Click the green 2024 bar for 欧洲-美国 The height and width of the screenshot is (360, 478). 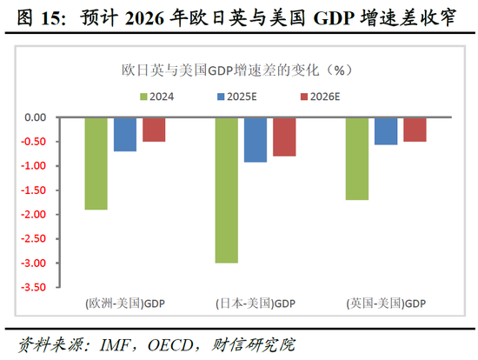[x=96, y=163]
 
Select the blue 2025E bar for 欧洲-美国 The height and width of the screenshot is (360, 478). [x=125, y=134]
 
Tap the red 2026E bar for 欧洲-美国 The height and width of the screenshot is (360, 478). [x=154, y=130]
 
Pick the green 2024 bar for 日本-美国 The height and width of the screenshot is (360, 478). [x=226, y=190]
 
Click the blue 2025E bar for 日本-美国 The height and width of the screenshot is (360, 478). [x=256, y=139]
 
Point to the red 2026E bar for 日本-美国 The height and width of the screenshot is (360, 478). [x=284, y=137]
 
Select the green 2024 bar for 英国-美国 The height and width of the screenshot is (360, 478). [x=357, y=158]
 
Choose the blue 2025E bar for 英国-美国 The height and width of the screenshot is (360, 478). [x=386, y=130]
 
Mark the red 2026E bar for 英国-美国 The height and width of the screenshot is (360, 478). [x=415, y=130]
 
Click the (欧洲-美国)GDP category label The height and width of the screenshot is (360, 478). [x=124, y=303]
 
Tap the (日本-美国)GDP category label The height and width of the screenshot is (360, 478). [x=255, y=303]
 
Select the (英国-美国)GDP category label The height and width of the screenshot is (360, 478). [x=386, y=303]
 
